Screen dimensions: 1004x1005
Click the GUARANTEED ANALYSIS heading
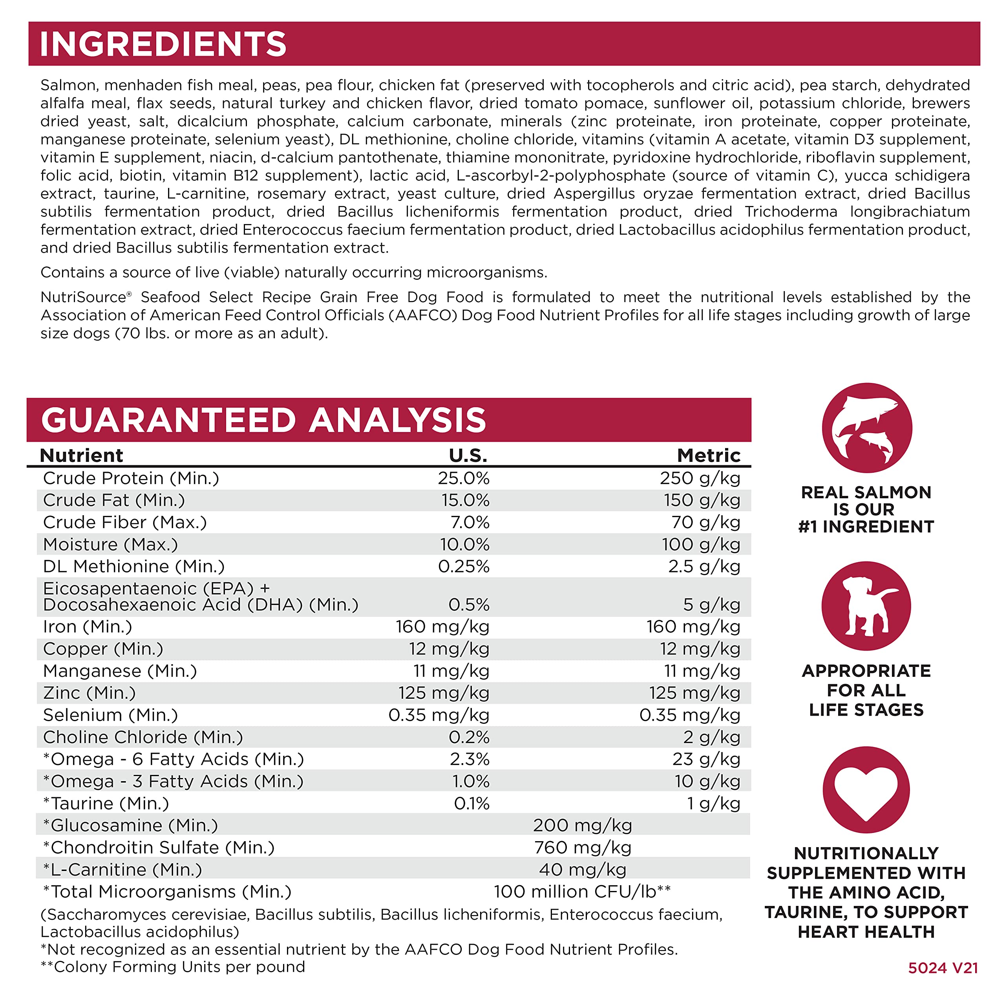tap(263, 420)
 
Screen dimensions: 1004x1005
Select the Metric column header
tap(709, 456)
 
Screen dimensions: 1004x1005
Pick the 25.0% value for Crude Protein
tap(464, 478)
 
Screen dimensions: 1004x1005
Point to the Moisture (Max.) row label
tap(110, 545)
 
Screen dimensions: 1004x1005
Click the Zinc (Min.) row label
tap(90, 693)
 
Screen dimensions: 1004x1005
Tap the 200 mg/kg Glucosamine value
tap(583, 825)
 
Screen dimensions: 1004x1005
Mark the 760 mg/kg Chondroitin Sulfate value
tap(583, 847)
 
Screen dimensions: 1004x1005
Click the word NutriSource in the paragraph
tap(83, 297)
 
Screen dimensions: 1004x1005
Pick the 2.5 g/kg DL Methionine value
tap(704, 566)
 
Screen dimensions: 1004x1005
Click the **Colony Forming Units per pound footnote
tap(173, 967)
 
